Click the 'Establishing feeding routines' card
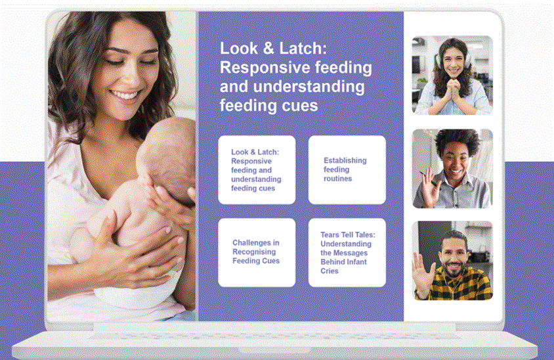[x=347, y=169]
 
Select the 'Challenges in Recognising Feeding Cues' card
[x=257, y=252]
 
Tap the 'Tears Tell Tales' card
[x=347, y=252]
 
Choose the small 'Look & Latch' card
[x=257, y=169]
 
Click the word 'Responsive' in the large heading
[x=259, y=68]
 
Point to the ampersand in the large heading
[x=265, y=49]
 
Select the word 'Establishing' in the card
[x=345, y=160]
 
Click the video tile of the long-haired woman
[x=452, y=75]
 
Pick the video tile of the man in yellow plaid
[x=452, y=260]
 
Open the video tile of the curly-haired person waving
[x=452, y=168]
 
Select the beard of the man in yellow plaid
[x=453, y=269]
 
